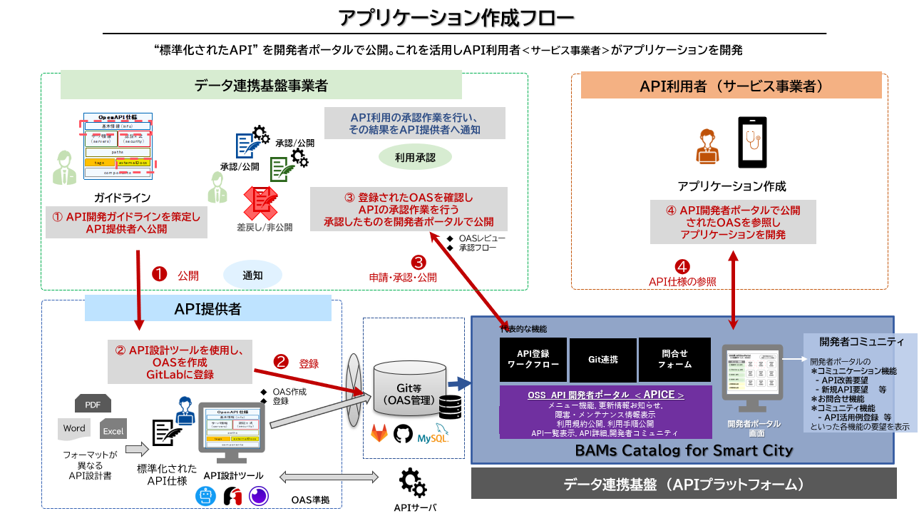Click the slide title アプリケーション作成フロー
pyautogui.click(x=456, y=17)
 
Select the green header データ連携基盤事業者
pyautogui.click(x=261, y=86)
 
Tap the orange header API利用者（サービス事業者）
pyautogui.click(x=731, y=86)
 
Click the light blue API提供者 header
pyautogui.click(x=208, y=308)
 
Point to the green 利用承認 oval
pyautogui.click(x=416, y=157)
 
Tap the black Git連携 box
pyautogui.click(x=602, y=358)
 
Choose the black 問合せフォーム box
pyautogui.click(x=674, y=358)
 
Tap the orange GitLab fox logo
pyautogui.click(x=379, y=433)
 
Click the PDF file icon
pyautogui.click(x=93, y=404)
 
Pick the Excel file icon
pyautogui.click(x=113, y=430)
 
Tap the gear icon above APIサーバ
pyautogui.click(x=413, y=482)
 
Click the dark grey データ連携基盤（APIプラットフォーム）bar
pyautogui.click(x=684, y=485)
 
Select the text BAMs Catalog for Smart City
pyautogui.click(x=684, y=450)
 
